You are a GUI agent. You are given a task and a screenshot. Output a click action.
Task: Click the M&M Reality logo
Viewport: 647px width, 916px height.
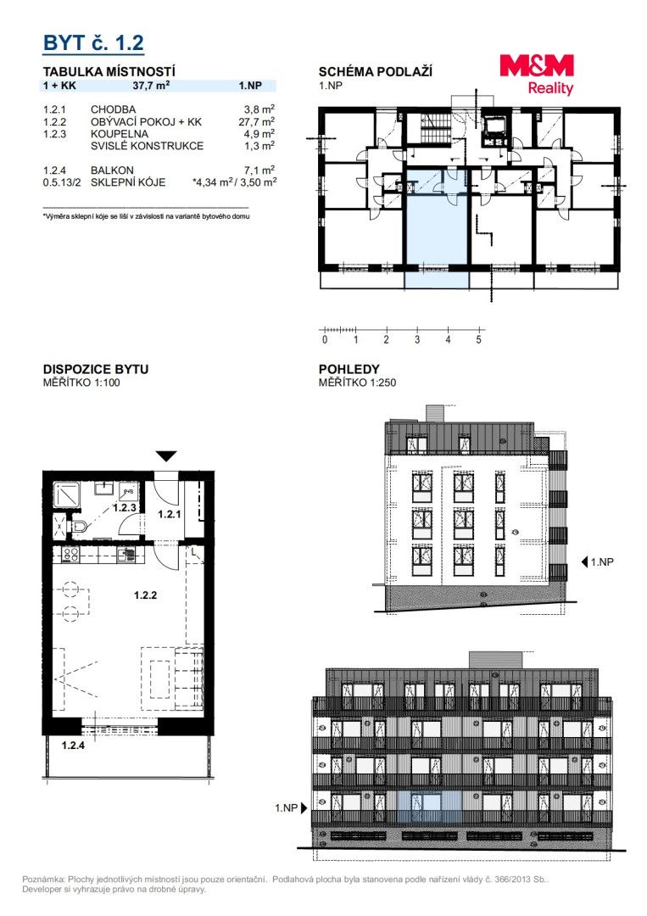(537, 74)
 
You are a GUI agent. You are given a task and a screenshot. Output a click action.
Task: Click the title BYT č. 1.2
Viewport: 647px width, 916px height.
(93, 42)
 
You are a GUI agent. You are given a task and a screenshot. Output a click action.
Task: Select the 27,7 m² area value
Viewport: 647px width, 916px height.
(256, 121)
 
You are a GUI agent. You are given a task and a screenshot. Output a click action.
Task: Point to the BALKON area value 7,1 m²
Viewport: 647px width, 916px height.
(259, 170)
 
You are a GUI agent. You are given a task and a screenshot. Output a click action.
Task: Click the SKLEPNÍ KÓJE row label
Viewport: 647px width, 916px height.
(128, 182)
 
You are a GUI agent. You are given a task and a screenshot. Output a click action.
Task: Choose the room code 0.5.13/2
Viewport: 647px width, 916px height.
(62, 182)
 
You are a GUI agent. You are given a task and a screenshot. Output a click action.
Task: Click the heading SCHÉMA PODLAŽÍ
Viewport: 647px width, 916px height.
(376, 72)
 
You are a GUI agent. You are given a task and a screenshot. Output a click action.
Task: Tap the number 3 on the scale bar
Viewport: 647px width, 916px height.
(417, 339)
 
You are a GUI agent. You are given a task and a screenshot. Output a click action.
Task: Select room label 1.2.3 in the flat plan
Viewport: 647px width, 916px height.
(125, 508)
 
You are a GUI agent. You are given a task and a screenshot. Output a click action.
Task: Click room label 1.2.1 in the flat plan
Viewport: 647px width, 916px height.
(170, 515)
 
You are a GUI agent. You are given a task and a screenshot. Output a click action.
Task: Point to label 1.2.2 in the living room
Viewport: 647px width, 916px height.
(145, 595)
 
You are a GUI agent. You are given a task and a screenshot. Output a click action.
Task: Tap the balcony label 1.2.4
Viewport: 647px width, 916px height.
(74, 746)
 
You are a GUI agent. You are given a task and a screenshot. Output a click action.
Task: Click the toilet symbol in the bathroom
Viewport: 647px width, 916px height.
(79, 528)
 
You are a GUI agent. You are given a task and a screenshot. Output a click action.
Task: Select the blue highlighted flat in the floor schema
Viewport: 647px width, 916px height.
(436, 228)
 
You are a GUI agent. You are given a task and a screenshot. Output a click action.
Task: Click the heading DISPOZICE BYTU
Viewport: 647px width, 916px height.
(96, 369)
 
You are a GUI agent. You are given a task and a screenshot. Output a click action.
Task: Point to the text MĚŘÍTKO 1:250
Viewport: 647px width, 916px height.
(357, 383)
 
